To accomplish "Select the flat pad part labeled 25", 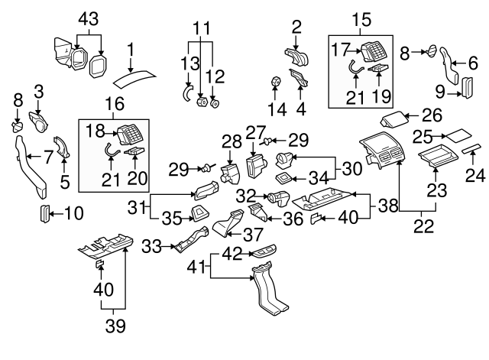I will point(460,135).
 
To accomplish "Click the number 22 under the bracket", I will point(422,227).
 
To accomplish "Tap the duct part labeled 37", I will point(228,227).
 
